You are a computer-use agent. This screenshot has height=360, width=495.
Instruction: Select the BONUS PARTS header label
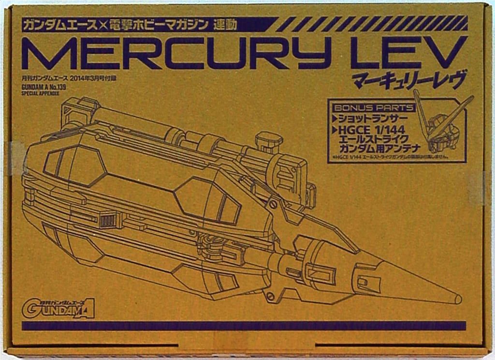click(x=373, y=107)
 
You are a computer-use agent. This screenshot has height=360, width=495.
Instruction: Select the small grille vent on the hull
click(x=108, y=221)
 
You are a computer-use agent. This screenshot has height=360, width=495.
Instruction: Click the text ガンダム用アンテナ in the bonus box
click(x=378, y=149)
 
